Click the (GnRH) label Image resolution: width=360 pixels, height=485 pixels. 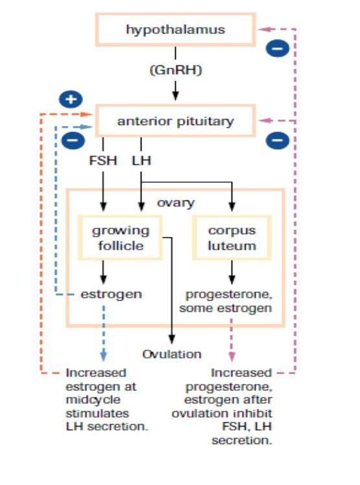[x=176, y=70]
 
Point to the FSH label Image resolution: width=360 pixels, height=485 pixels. [x=102, y=161]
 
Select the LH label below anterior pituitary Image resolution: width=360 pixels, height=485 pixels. [x=141, y=161]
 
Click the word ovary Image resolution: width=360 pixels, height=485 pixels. [x=176, y=203]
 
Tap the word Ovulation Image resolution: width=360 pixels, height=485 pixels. [x=172, y=354]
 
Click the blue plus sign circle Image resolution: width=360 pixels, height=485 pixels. [x=71, y=99]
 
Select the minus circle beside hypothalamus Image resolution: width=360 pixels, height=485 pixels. [x=278, y=49]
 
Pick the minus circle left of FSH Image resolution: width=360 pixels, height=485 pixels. [x=73, y=140]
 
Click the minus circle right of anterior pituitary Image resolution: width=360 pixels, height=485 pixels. [x=278, y=141]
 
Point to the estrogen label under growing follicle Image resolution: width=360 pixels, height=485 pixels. [x=111, y=294]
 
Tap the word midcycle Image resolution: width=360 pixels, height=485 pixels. [x=93, y=399]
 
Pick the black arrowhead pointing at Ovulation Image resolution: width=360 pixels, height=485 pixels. [x=171, y=339]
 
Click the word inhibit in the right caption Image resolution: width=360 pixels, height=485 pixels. [x=258, y=413]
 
